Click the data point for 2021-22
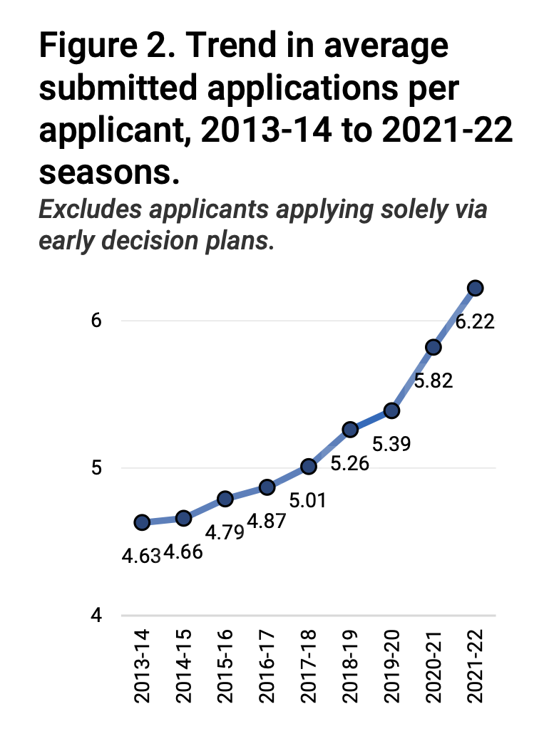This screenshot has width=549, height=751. click(476, 288)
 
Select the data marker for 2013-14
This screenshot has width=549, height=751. click(141, 522)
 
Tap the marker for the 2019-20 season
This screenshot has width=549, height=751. click(391, 410)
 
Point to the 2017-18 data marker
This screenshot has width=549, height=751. click(308, 466)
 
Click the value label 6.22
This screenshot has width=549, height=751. click(476, 322)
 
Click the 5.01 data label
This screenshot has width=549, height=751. click(308, 500)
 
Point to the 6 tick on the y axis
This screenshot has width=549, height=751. click(97, 321)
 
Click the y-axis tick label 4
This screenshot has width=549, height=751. click(97, 616)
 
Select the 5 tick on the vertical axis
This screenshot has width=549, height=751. click(97, 468)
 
